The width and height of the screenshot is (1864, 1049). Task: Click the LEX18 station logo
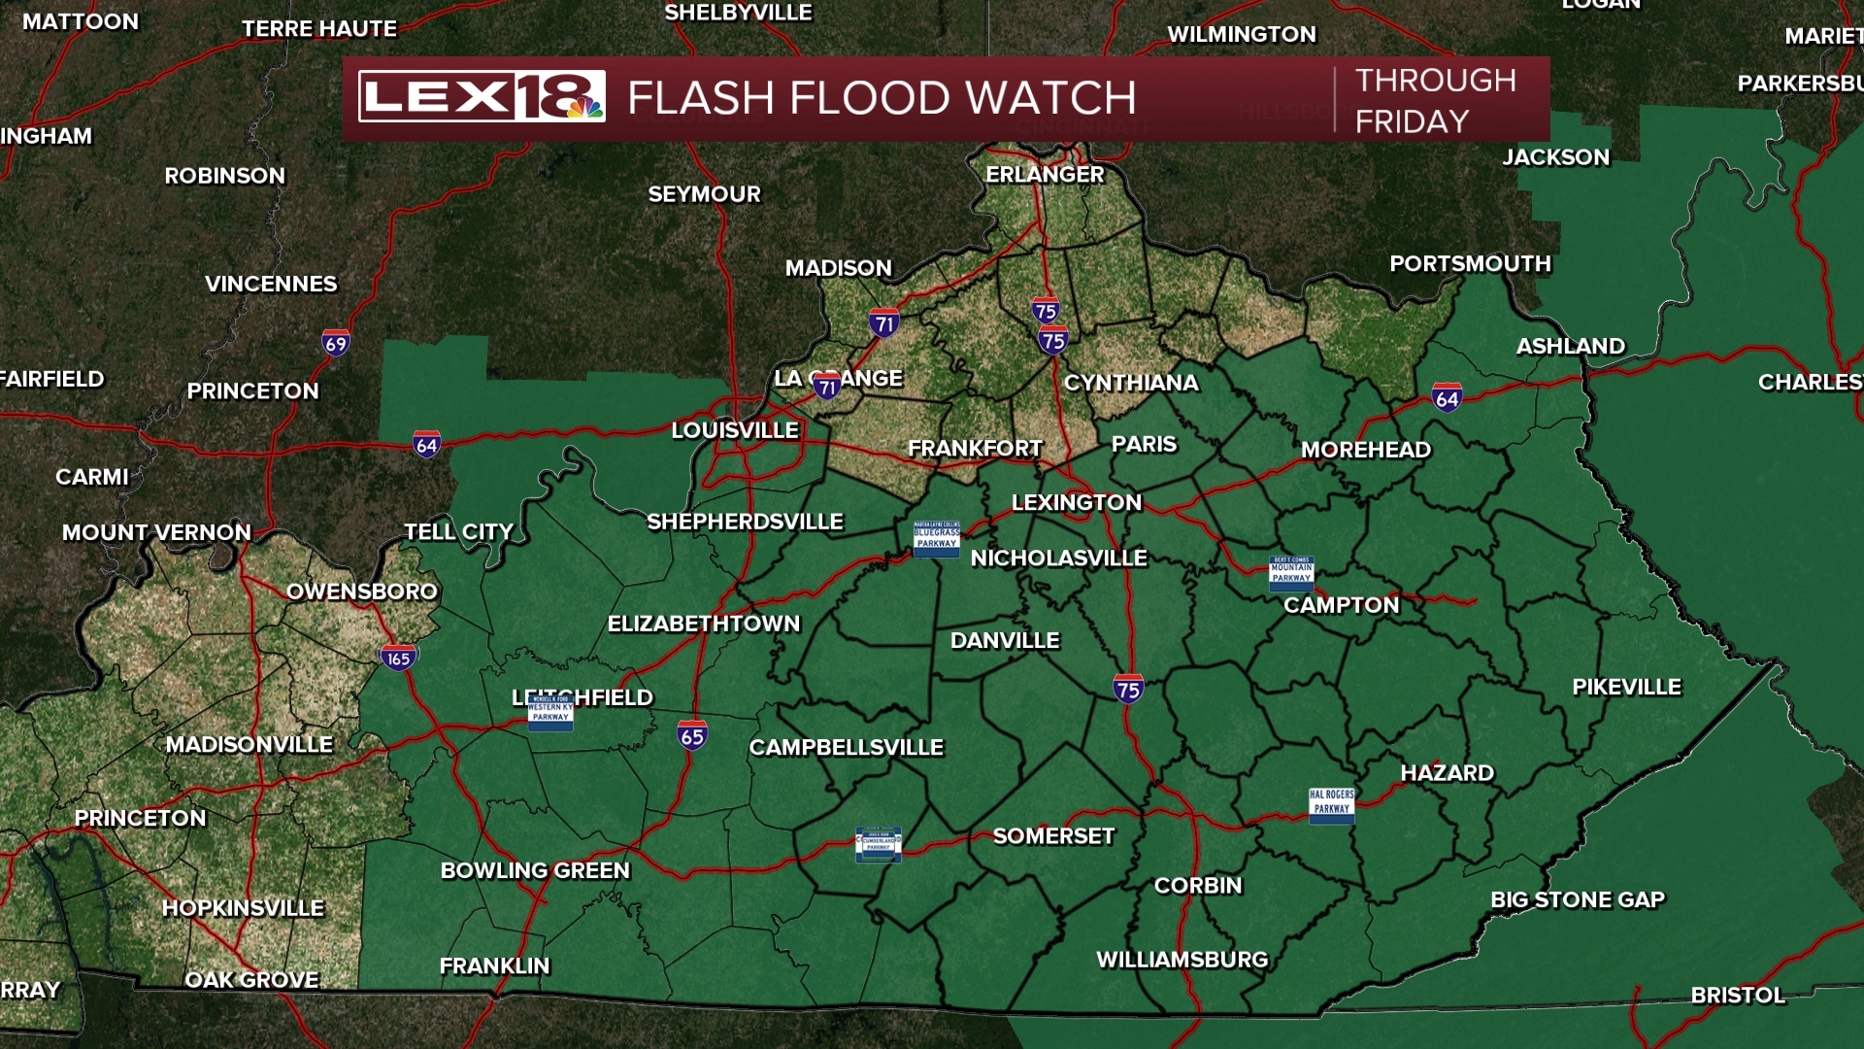click(482, 96)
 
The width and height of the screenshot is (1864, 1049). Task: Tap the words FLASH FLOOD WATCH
click(882, 98)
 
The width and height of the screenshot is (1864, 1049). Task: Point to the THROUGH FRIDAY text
click(1435, 100)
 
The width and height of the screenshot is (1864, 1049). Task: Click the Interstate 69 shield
click(336, 343)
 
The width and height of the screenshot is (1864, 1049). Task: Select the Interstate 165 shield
click(398, 658)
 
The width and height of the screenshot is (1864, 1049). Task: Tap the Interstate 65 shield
click(692, 735)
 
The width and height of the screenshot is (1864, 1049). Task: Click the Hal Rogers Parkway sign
click(1331, 805)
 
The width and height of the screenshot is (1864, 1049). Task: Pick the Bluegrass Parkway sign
click(936, 538)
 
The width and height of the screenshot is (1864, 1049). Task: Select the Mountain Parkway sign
click(1291, 573)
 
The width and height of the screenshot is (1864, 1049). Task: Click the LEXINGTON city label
click(1077, 502)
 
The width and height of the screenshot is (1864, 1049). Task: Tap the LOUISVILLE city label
click(735, 430)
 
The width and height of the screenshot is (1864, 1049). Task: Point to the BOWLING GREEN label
click(535, 870)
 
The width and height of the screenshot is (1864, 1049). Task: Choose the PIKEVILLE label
click(1626, 687)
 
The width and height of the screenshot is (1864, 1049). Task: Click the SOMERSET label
click(1053, 835)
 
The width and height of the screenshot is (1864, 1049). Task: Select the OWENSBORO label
click(362, 591)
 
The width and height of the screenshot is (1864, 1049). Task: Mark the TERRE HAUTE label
click(319, 28)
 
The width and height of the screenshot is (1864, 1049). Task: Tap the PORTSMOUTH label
click(1470, 263)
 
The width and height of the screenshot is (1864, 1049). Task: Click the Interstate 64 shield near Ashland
click(1447, 397)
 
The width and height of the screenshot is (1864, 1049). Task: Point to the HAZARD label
click(1447, 772)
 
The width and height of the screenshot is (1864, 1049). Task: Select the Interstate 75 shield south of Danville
click(1128, 689)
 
